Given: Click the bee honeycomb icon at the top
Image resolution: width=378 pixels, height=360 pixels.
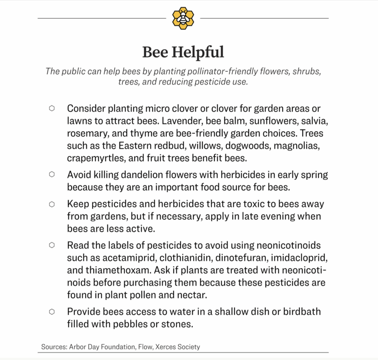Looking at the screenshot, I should click(183, 18).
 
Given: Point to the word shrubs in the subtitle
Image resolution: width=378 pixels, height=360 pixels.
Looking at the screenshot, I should click(306, 71).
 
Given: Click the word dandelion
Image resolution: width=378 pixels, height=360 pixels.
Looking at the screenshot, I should click(143, 175).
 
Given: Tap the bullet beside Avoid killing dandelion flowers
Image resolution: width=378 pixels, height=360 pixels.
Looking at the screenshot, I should click(52, 174).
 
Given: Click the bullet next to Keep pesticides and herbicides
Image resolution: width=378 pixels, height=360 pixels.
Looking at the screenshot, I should click(52, 204).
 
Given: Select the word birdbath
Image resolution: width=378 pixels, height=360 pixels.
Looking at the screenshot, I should click(302, 312).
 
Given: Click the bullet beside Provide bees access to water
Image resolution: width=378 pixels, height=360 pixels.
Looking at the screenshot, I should click(52, 312).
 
